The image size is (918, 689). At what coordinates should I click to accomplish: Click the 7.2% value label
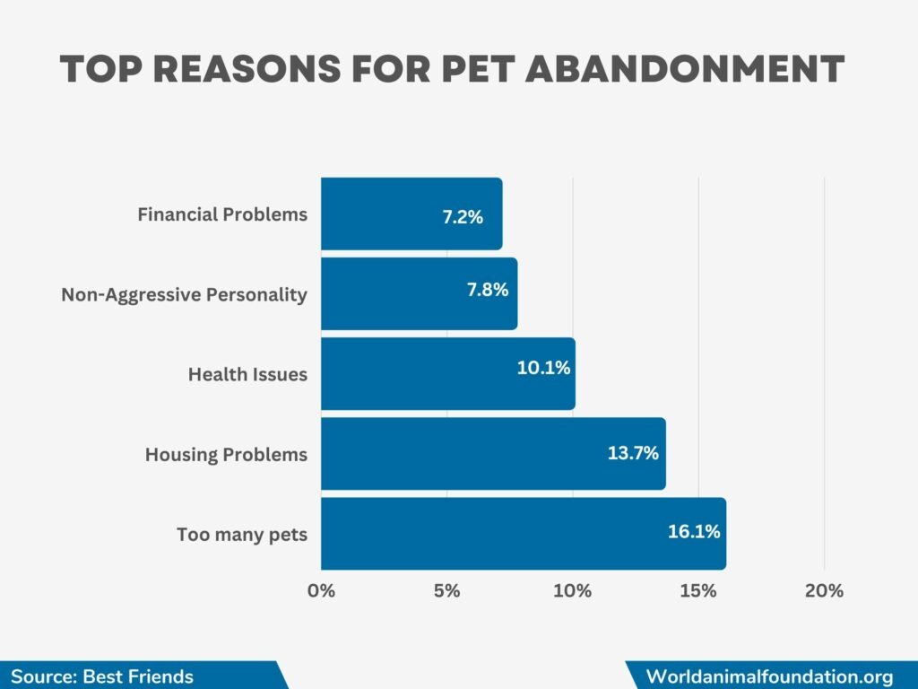coord(463,216)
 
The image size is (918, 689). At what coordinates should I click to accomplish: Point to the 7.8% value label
coord(488,290)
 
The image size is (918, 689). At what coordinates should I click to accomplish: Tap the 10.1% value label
coord(543,368)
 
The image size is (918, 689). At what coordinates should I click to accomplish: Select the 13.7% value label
coord(633,453)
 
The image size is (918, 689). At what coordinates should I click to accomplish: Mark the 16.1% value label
coord(694,532)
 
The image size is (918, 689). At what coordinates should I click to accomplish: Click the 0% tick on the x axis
coord(321,591)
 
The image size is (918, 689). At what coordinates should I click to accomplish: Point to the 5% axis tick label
coord(446,591)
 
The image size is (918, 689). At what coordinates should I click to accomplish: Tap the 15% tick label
coord(698,591)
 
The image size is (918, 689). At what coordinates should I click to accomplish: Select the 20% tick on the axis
coord(824,591)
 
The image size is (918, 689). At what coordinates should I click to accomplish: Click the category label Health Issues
coord(247,375)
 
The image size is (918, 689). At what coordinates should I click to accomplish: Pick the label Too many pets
coord(242,535)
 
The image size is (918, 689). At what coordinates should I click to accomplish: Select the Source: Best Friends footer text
coord(102,676)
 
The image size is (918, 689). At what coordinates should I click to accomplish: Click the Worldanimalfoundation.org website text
coord(769,676)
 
